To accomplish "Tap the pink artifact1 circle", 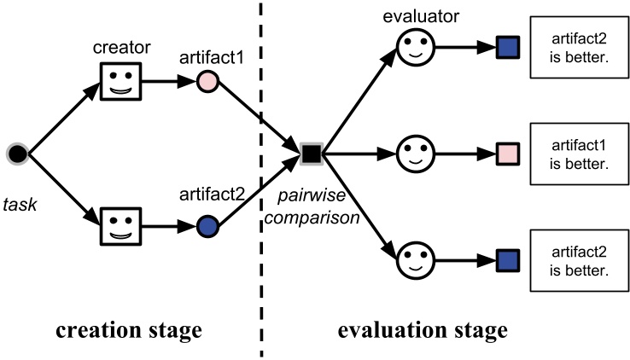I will click(x=207, y=83).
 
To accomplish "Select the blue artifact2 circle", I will click(x=207, y=226).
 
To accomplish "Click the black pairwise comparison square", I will click(x=311, y=154).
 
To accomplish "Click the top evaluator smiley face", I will click(x=416, y=47).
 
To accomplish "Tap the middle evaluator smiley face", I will click(x=416, y=154).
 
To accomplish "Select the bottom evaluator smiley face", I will click(x=416, y=260).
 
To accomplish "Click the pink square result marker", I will click(x=508, y=154).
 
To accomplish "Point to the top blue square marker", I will click(x=508, y=47).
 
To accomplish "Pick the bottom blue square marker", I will click(x=508, y=260).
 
